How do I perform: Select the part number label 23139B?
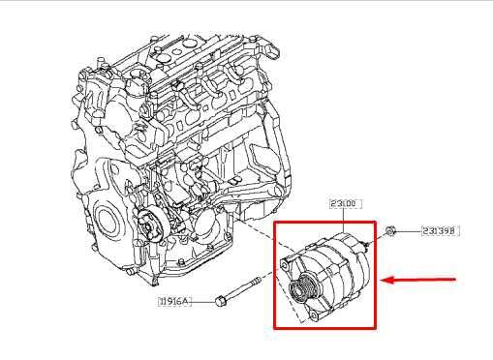(439, 231)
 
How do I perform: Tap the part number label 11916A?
(175, 302)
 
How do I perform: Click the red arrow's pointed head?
(384, 282)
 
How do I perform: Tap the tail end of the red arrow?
(453, 279)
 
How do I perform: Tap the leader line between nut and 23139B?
(407, 231)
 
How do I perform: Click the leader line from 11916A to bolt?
(204, 301)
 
